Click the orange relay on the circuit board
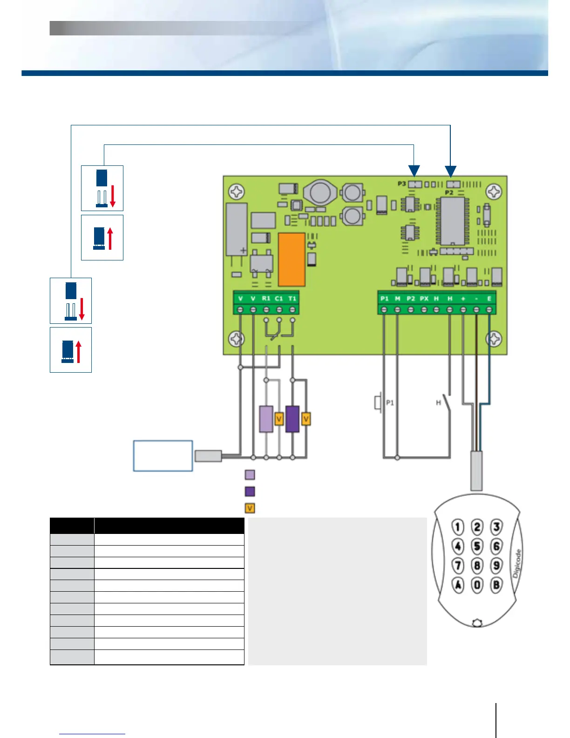coord(292,260)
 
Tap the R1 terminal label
coord(266,298)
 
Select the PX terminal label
coord(424,298)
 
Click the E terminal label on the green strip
coord(489,298)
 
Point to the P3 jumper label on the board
coord(401,184)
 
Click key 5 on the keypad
coord(477,546)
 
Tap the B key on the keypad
coord(496,585)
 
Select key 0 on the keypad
coord(477,585)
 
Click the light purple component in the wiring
coord(266,419)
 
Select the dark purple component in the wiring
coord(292,419)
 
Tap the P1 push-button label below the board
coord(390,403)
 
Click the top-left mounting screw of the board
coord(237,191)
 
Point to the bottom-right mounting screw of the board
coord(494,339)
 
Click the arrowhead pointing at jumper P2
coord(450,171)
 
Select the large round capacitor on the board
coord(320,192)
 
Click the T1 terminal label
coord(292,298)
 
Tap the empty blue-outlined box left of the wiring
coord(163,456)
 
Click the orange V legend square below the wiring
coord(250,508)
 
